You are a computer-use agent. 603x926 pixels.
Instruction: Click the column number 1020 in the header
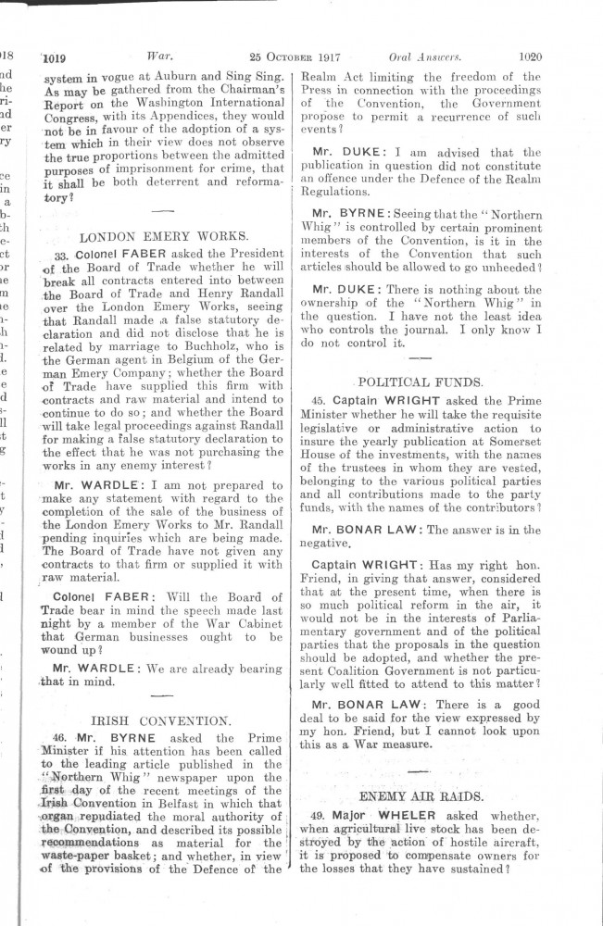coord(531,56)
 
